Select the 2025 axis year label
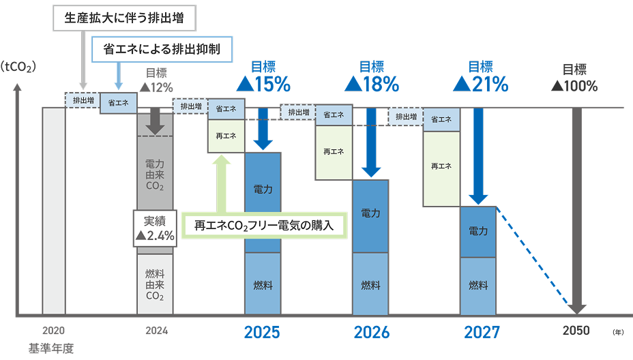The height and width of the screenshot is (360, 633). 262,333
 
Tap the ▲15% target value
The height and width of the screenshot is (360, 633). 263,85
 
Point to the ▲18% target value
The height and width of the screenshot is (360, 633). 372,85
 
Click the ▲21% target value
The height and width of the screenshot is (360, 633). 481,85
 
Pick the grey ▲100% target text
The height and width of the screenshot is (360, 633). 574,87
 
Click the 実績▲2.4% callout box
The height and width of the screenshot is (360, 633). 156,228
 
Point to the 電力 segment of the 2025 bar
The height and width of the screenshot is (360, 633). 263,187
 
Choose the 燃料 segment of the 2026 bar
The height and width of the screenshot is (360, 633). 371,284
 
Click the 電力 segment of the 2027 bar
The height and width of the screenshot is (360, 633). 478,232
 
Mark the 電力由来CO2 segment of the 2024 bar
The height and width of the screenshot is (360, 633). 156,175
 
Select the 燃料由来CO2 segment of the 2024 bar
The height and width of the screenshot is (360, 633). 156,284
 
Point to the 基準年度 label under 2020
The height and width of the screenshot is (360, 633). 50,348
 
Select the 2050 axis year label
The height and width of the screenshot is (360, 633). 576,332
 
